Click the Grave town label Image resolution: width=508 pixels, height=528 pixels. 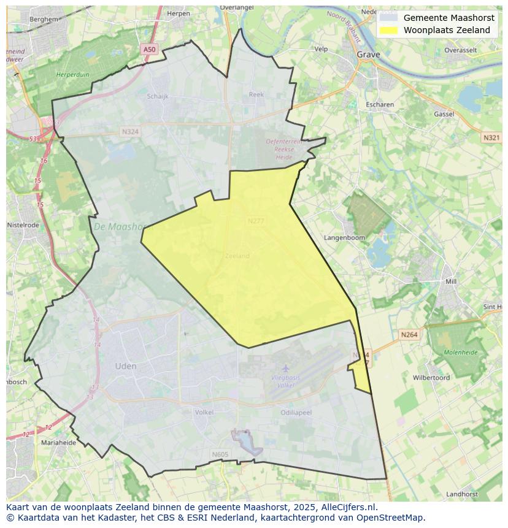pos(368,55)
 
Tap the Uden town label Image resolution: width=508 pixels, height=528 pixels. pos(126,366)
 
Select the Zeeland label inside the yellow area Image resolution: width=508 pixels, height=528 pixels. pos(237,256)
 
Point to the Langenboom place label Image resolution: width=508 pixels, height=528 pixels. pos(344,237)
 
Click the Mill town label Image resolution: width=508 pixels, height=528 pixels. pos(451,281)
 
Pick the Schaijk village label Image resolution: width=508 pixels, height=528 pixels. pos(158,96)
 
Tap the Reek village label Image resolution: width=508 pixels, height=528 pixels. pos(256,94)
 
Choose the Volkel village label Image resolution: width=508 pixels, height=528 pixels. pos(204,413)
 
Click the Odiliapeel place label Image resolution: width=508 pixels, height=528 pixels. pos(296,413)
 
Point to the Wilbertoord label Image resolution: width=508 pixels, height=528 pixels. pos(431,378)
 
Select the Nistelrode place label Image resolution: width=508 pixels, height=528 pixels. pos(23,225)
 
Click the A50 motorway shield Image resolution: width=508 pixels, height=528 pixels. pos(149,49)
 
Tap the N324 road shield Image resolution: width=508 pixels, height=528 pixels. pos(130,132)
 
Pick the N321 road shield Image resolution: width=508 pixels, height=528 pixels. pos(491,138)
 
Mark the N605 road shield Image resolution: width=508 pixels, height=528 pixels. pos(220,454)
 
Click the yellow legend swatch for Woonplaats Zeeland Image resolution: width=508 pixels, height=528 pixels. pos(388,30)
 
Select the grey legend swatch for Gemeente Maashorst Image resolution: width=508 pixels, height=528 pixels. pos(388,18)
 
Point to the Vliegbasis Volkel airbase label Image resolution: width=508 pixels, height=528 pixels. pos(286,381)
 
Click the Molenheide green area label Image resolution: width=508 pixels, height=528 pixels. pos(460,353)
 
